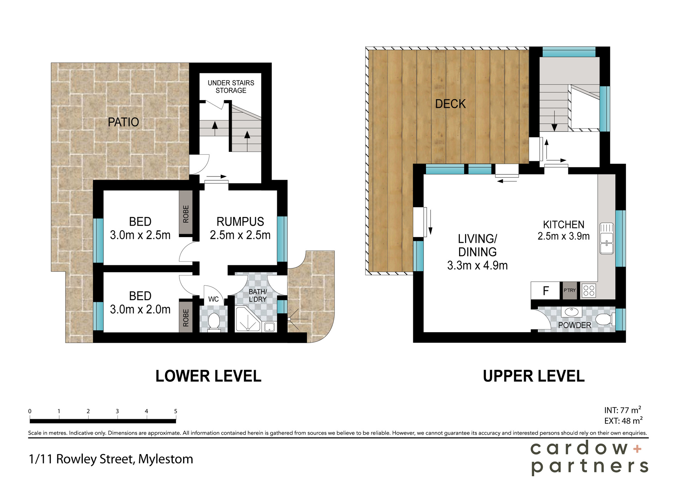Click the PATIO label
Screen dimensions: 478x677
[x=123, y=122]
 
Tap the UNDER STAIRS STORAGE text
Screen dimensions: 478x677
[x=231, y=87]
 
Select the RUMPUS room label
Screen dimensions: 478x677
[x=240, y=222]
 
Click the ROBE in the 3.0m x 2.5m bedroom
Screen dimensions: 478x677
[x=186, y=213]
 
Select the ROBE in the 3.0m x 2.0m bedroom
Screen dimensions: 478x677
[x=186, y=317]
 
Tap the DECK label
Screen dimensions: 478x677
[x=450, y=104]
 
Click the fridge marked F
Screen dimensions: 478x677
[x=545, y=291]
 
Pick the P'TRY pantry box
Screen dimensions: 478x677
[x=569, y=291]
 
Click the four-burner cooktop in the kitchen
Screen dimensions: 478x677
[x=588, y=291]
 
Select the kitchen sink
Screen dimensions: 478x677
[x=606, y=238]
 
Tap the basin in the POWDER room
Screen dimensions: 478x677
[x=571, y=312]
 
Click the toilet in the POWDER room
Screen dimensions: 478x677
[x=604, y=319]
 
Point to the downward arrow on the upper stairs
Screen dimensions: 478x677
[x=554, y=122]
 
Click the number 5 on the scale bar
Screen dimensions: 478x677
[x=176, y=411]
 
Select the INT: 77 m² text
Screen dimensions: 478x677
[x=622, y=410]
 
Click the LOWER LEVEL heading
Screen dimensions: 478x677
[x=208, y=376]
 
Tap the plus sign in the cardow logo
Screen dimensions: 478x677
[x=637, y=449]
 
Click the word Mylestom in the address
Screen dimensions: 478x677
[x=165, y=459]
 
